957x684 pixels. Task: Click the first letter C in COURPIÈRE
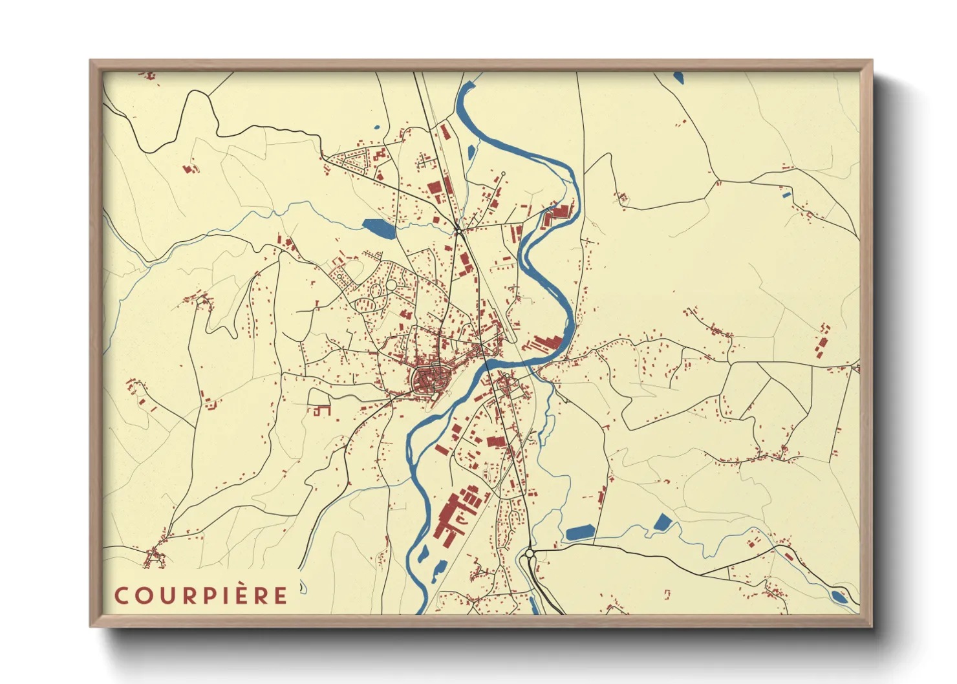click(121, 596)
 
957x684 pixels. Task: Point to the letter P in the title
click(204, 596)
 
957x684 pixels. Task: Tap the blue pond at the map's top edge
click(678, 78)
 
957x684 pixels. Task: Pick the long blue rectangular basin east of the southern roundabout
click(580, 533)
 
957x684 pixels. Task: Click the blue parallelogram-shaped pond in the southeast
click(663, 522)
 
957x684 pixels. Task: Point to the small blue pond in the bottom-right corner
click(839, 597)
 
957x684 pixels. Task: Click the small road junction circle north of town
click(457, 230)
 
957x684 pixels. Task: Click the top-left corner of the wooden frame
click(91, 61)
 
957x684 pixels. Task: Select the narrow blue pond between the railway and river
click(471, 153)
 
